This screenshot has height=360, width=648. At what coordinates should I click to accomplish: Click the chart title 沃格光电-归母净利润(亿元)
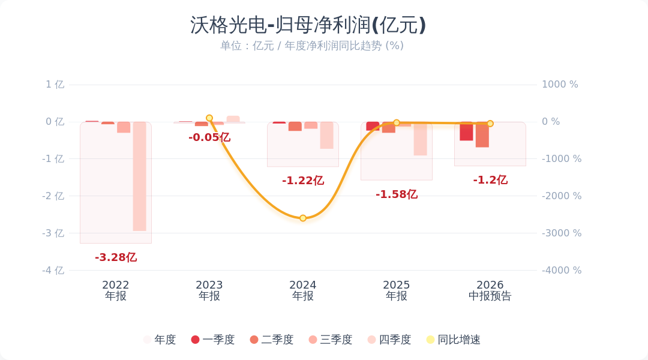click(x=308, y=25)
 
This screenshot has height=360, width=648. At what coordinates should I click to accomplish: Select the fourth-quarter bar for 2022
click(x=140, y=176)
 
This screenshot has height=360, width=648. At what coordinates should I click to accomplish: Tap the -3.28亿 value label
click(x=116, y=257)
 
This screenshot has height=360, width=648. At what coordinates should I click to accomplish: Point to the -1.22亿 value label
click(x=303, y=181)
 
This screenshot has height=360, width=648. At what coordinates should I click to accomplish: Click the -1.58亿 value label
click(x=397, y=194)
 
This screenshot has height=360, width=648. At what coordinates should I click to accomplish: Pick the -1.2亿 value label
click(x=490, y=180)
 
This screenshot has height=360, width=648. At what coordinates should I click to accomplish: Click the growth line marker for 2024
click(x=303, y=218)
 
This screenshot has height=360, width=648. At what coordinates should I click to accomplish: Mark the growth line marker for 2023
click(x=209, y=118)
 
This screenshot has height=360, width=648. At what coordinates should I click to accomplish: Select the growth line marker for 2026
click(x=490, y=123)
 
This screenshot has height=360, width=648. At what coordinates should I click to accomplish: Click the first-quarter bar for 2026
click(x=467, y=131)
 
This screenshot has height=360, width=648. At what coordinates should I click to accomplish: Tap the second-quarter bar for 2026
click(x=482, y=135)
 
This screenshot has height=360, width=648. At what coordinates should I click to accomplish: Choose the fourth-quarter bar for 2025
click(x=420, y=139)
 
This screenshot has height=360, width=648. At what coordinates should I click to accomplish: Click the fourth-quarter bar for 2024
click(x=327, y=136)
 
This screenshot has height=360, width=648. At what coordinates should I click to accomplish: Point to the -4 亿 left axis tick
click(x=53, y=271)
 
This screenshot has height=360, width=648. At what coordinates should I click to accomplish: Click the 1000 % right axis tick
click(x=560, y=85)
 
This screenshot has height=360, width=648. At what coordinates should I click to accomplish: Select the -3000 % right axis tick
click(x=562, y=233)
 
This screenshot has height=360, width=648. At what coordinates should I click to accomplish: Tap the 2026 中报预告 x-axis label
click(x=490, y=290)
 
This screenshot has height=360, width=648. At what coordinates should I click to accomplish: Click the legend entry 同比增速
click(x=454, y=340)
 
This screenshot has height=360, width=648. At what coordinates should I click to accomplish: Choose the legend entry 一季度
click(x=213, y=340)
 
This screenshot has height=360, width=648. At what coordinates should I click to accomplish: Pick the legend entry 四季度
click(x=389, y=340)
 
